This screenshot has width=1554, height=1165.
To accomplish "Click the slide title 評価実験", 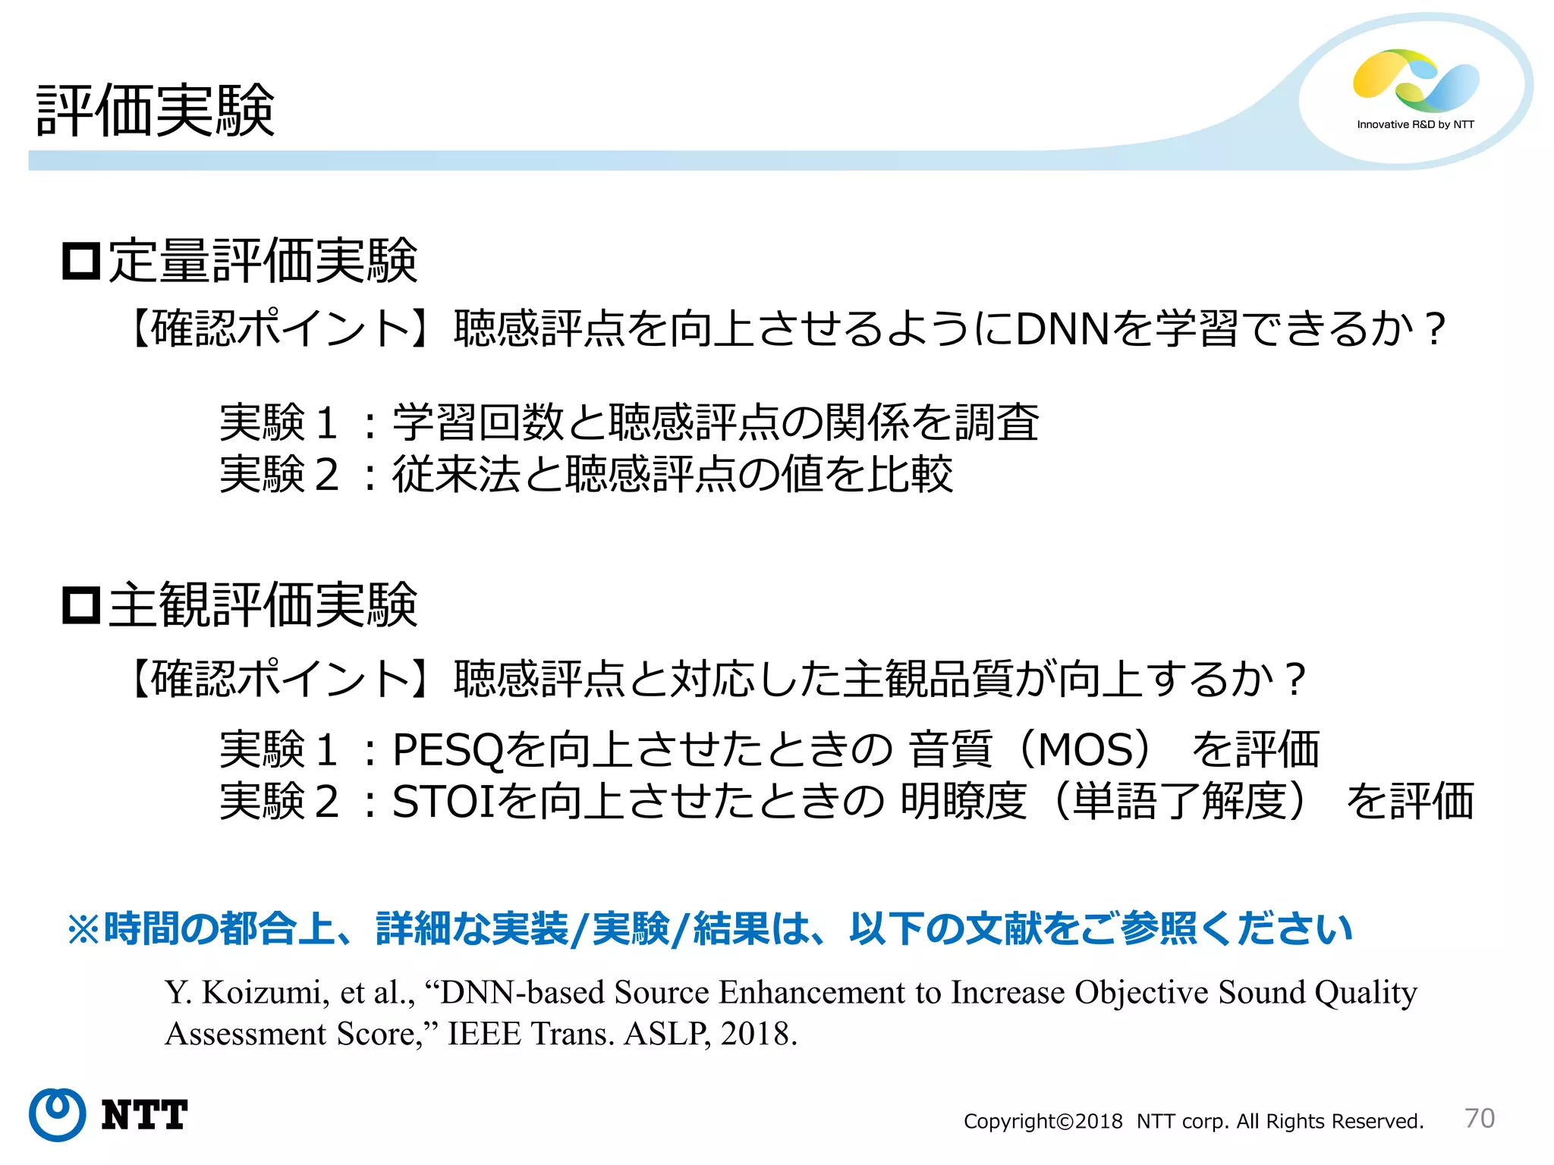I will tap(156, 111).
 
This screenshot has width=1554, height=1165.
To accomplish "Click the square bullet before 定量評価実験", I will tap(81, 262).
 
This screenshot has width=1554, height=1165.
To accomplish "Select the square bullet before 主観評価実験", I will tap(81, 605).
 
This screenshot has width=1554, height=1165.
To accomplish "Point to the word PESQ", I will tap(448, 749).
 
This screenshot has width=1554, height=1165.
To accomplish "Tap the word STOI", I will tap(443, 802).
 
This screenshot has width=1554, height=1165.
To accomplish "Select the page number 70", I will tap(1479, 1118).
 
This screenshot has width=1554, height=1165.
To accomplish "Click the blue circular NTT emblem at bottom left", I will tap(57, 1114).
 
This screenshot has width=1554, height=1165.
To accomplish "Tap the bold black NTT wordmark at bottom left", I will tap(144, 1115).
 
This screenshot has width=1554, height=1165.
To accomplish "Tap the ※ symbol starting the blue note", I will tap(84, 929).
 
